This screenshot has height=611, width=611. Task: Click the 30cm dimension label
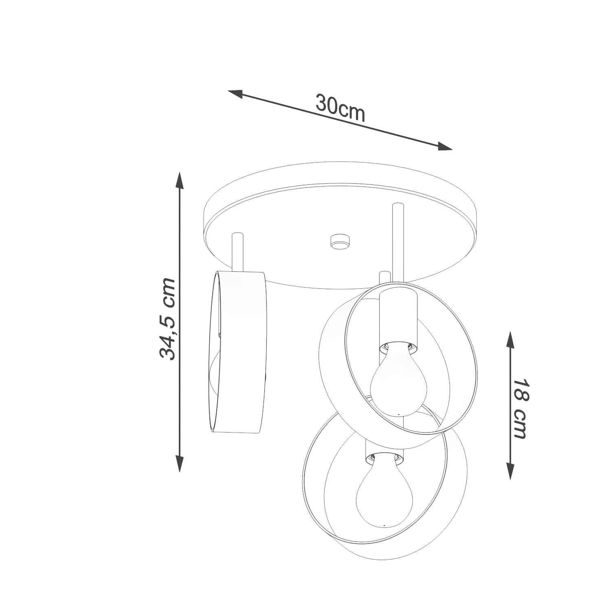click(340, 108)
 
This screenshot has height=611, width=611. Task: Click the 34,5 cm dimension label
click(167, 319)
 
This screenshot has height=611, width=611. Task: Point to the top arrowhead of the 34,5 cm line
click(179, 180)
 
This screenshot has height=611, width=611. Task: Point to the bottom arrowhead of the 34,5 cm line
click(179, 464)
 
